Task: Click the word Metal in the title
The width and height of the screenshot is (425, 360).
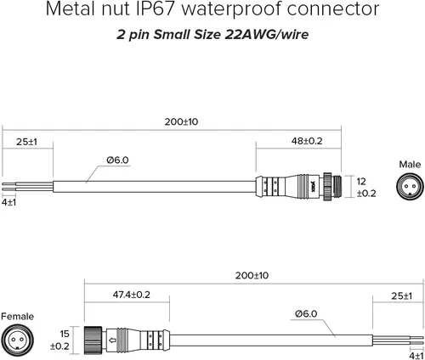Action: [x=70, y=8]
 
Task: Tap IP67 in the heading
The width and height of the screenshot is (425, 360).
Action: [x=156, y=8]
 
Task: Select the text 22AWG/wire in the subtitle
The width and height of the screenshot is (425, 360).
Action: [x=267, y=35]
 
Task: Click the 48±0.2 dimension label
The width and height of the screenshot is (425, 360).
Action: [x=307, y=141]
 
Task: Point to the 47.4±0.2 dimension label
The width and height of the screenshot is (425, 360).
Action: [x=132, y=295]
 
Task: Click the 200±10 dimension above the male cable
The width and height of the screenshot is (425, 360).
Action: [x=181, y=121]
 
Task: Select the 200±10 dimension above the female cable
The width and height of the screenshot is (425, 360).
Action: [x=252, y=275]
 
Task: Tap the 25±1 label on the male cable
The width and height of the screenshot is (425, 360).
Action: [x=26, y=142]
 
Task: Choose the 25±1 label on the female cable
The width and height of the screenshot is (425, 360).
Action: [x=402, y=296]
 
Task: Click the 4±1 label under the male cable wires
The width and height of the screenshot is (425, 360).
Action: [x=8, y=202]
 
